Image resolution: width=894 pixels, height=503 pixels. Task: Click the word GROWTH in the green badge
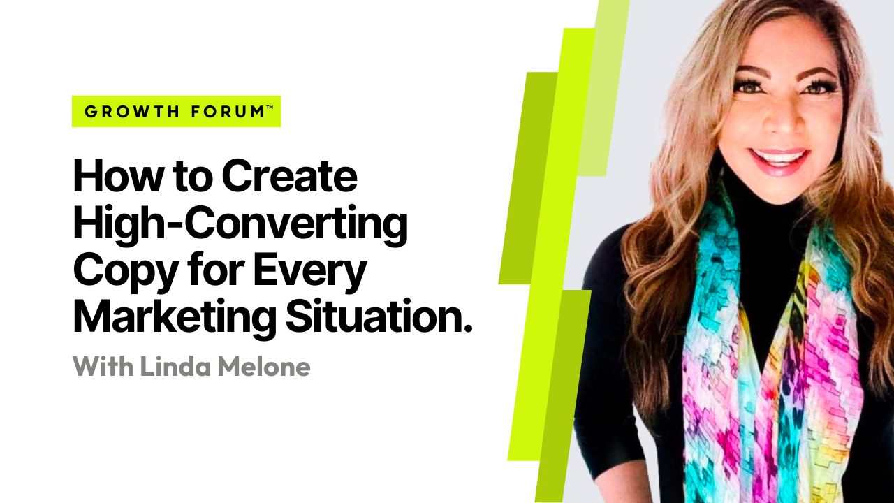(x=131, y=112)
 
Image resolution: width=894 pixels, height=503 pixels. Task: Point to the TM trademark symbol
(x=270, y=107)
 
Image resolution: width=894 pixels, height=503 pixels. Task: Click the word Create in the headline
(x=289, y=175)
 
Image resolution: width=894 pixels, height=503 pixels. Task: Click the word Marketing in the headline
(x=175, y=318)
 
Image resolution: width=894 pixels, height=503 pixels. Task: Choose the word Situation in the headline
(x=374, y=317)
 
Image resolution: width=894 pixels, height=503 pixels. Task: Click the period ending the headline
(x=469, y=329)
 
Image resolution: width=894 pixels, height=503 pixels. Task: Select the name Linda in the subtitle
(x=175, y=366)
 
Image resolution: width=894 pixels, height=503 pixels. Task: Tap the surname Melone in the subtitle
(x=264, y=366)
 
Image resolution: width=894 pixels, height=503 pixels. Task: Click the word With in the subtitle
(x=103, y=366)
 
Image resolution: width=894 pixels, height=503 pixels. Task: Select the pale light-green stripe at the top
(x=603, y=88)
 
